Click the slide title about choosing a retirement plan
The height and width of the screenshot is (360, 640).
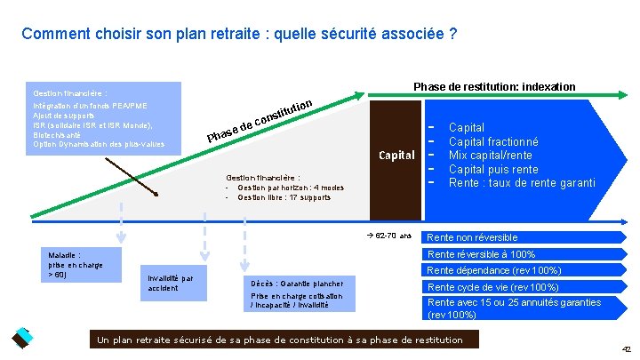(x=239, y=35)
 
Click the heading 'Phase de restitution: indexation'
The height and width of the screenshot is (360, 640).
(x=494, y=86)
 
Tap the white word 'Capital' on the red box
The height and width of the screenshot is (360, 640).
(x=396, y=156)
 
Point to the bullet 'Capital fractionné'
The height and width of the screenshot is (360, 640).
(x=493, y=141)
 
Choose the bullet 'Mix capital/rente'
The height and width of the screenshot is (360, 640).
(x=490, y=155)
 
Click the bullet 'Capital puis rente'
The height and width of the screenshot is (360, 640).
(x=493, y=169)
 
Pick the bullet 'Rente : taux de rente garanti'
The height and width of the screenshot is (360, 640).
(x=522, y=183)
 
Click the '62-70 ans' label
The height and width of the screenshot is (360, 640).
(x=388, y=236)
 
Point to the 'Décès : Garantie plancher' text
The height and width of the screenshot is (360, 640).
(x=295, y=284)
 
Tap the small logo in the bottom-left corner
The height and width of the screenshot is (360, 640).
(x=20, y=339)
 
